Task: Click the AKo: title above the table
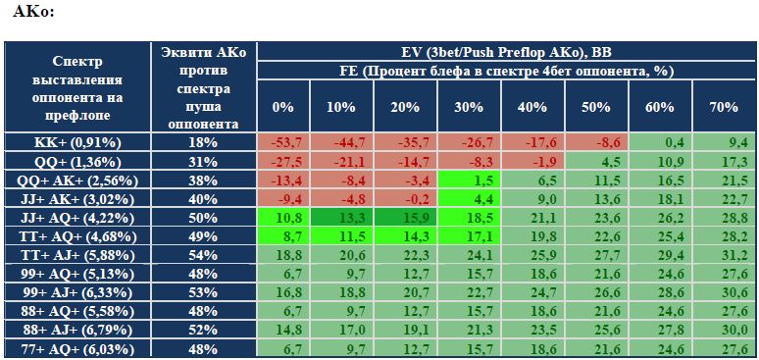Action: pyautogui.click(x=33, y=11)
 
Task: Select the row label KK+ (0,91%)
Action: pyautogui.click(x=76, y=142)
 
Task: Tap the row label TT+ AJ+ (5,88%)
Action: pyautogui.click(x=76, y=255)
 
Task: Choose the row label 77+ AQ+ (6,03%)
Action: pyautogui.click(x=76, y=349)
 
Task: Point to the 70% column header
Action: pyautogui.click(x=724, y=107)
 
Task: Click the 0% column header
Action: pyautogui.click(x=282, y=107)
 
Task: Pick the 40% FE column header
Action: pyautogui.click(x=532, y=107)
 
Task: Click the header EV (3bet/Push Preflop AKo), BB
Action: pyautogui.click(x=507, y=51)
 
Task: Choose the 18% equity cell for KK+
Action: pyautogui.click(x=203, y=142)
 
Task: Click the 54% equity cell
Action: pyautogui.click(x=203, y=255)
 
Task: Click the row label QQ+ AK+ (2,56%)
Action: pyautogui.click(x=76, y=180)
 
